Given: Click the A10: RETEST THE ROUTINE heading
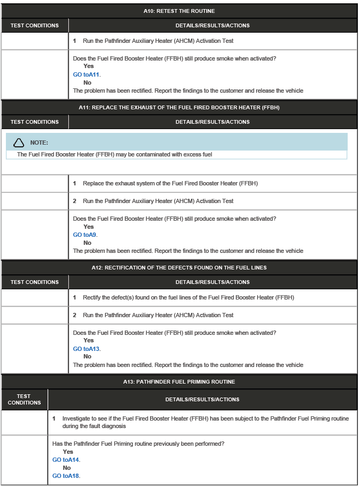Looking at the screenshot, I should pyautogui.click(x=179, y=11).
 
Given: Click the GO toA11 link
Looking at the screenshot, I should pyautogui.click(x=86, y=74).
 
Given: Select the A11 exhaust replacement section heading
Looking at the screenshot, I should pyautogui.click(x=179, y=108).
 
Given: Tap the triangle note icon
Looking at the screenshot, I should pyautogui.click(x=19, y=143).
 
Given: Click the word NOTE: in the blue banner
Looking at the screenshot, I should pyautogui.click(x=39, y=143).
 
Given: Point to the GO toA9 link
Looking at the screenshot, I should pyautogui.click(x=85, y=235).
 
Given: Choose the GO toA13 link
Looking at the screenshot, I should pyautogui.click(x=86, y=349).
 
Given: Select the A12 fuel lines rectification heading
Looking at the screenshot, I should pyautogui.click(x=179, y=268).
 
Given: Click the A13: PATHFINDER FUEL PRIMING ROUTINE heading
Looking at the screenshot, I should pyautogui.click(x=179, y=382).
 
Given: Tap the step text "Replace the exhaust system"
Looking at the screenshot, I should pyautogui.click(x=170, y=184).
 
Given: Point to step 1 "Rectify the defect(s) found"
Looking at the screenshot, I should pyautogui.click(x=188, y=297).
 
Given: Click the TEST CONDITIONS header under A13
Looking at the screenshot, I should pyautogui.click(x=24, y=399).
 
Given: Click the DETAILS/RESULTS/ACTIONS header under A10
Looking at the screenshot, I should pyautogui.click(x=213, y=25).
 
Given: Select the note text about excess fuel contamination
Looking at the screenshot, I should pyautogui.click(x=115, y=154).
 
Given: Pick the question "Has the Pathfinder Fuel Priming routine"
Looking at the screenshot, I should pyautogui.click(x=138, y=444).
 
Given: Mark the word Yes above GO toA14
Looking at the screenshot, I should pyautogui.click(x=68, y=452).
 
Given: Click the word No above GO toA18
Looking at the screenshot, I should pyautogui.click(x=66, y=468).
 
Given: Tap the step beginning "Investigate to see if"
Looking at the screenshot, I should pyautogui.click(x=205, y=422).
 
